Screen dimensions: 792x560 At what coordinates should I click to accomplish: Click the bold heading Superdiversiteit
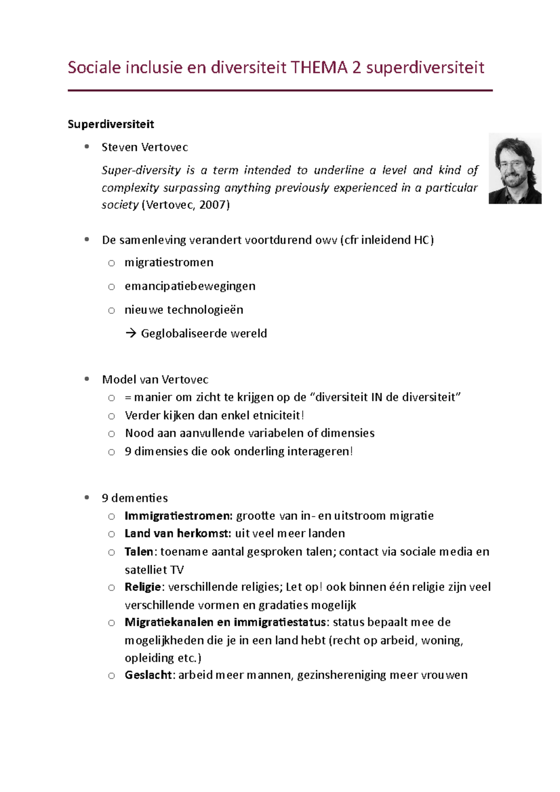click(x=111, y=125)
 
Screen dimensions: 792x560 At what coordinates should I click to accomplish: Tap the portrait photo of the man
click(x=515, y=169)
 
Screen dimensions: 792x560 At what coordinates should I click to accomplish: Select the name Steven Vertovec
click(x=145, y=147)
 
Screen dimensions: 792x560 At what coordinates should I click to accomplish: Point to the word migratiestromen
click(x=169, y=263)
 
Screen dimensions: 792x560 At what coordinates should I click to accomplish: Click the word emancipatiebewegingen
click(x=190, y=286)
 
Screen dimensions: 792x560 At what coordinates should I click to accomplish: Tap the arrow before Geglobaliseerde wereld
click(x=131, y=333)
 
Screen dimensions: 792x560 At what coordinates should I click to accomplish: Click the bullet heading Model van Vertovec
click(x=155, y=380)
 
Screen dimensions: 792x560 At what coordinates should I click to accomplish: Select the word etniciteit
click(x=277, y=416)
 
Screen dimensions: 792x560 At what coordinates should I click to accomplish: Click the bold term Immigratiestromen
click(x=178, y=516)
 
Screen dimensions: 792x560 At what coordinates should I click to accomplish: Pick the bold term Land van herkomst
click(x=177, y=534)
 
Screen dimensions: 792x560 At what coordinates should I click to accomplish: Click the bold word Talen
click(x=139, y=552)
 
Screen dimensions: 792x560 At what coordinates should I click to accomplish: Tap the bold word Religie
click(x=142, y=587)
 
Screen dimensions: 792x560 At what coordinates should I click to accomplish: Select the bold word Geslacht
click(x=148, y=675)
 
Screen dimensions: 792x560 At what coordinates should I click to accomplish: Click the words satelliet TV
click(x=154, y=570)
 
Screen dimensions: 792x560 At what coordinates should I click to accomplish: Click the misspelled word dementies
click(x=140, y=498)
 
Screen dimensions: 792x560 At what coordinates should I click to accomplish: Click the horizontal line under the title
click(x=280, y=90)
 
